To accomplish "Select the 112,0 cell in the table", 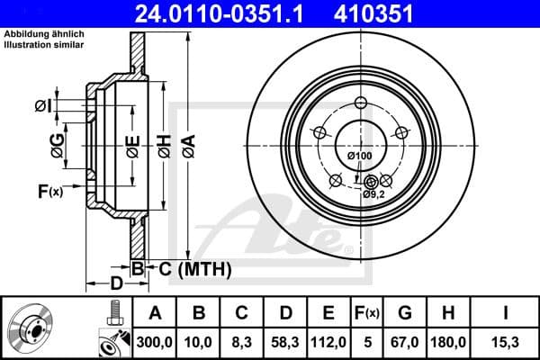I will [328, 341].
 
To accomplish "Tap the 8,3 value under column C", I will [241, 341].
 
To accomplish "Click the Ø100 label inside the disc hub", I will [359, 157].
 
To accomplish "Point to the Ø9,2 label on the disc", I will [374, 193].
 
